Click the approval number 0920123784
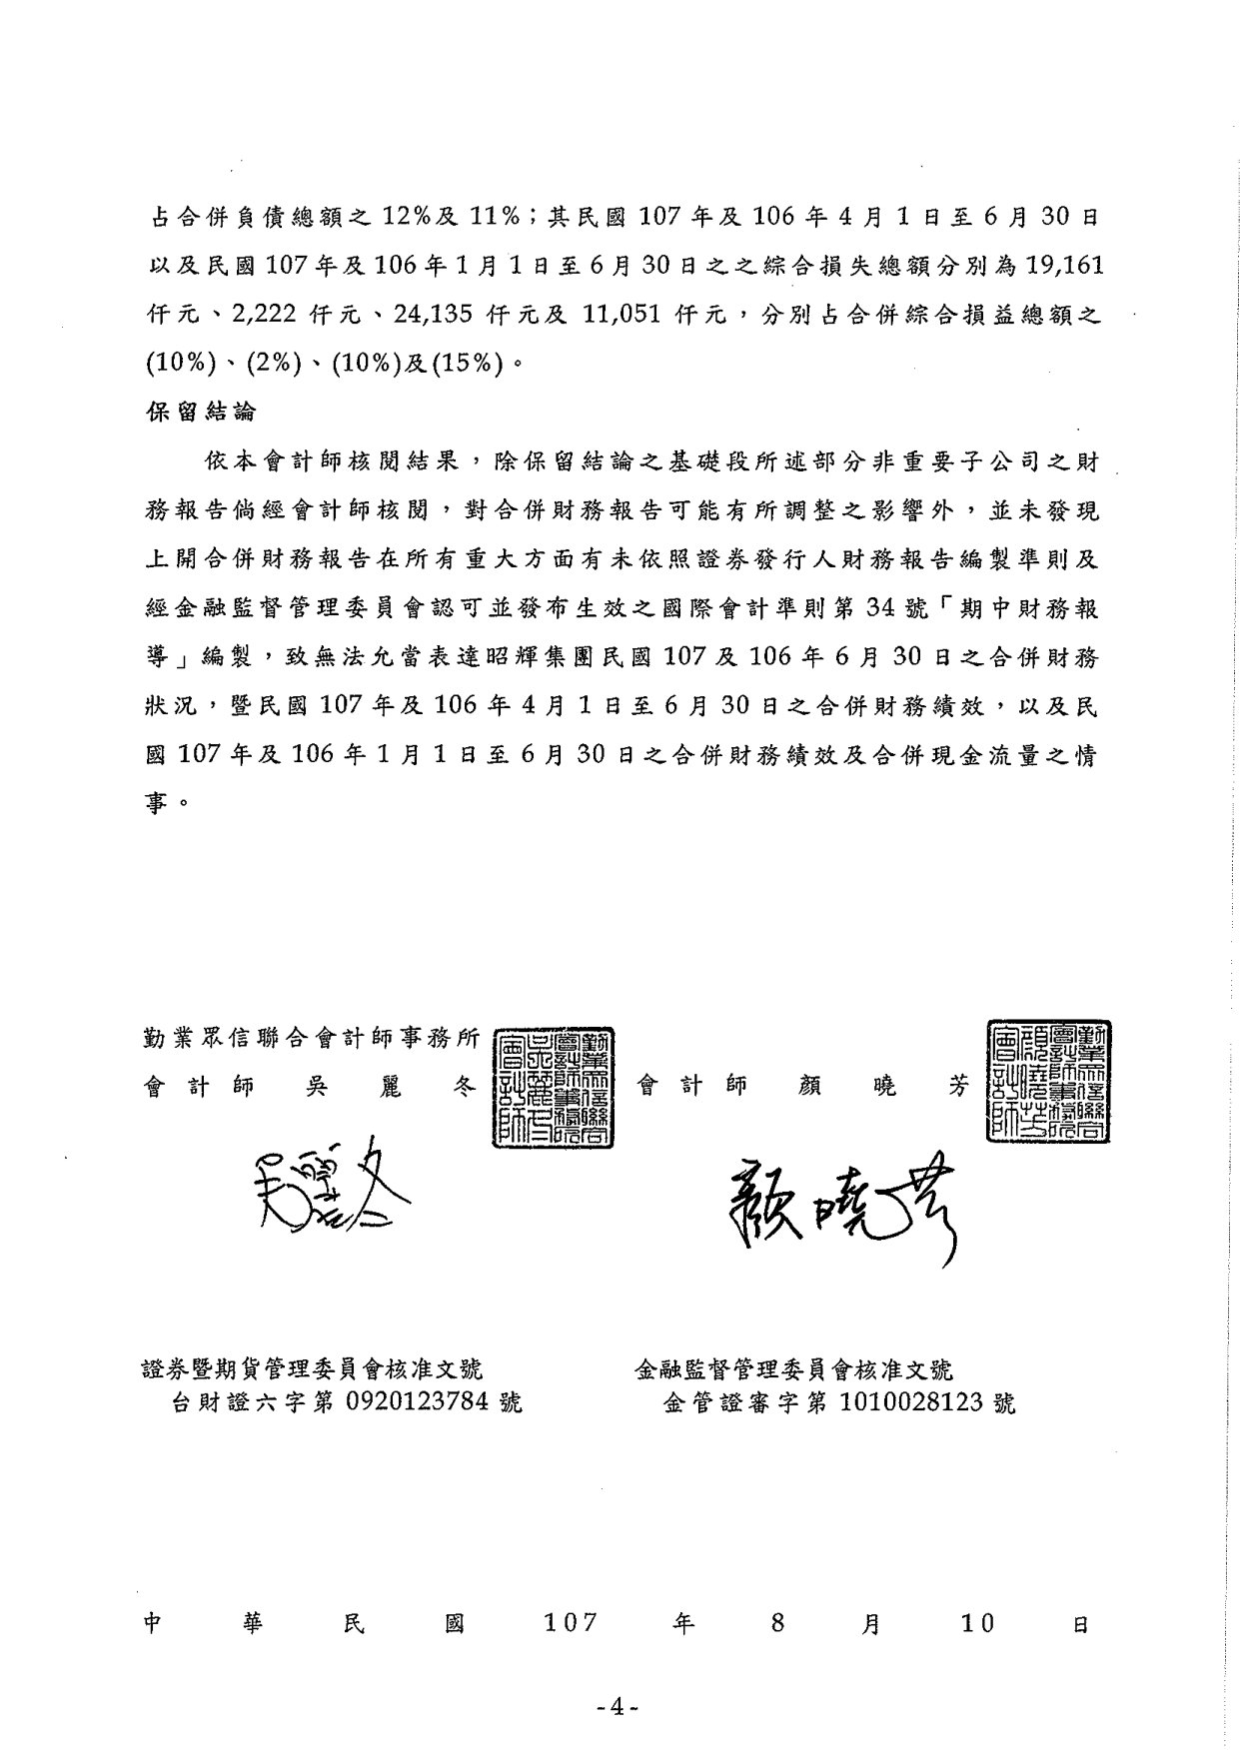[418, 1402]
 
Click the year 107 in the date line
[570, 1623]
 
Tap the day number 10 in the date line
[977, 1623]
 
